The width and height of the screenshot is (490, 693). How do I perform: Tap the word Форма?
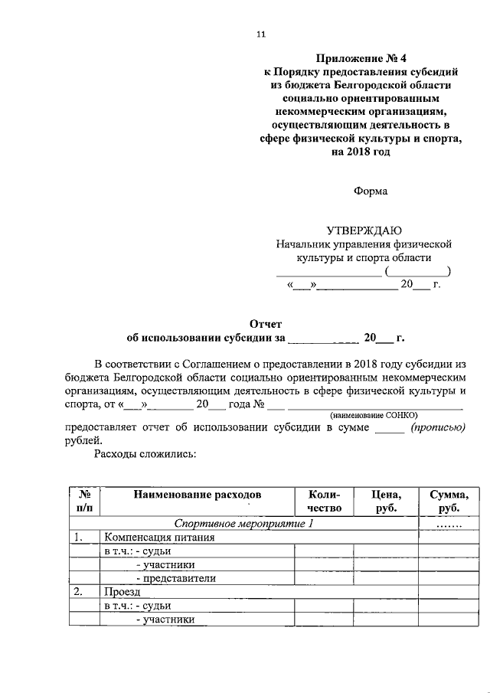click(x=371, y=191)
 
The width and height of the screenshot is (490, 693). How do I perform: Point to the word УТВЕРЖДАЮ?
click(x=364, y=230)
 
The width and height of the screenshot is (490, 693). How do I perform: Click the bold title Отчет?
click(x=266, y=324)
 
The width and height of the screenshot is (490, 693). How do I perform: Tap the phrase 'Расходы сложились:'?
click(x=145, y=455)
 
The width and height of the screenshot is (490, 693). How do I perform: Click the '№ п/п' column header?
click(x=84, y=501)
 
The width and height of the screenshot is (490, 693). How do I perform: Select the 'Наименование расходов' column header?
click(x=198, y=495)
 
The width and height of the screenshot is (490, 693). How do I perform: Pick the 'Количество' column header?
click(x=322, y=501)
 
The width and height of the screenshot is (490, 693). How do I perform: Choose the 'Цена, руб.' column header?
click(x=386, y=501)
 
